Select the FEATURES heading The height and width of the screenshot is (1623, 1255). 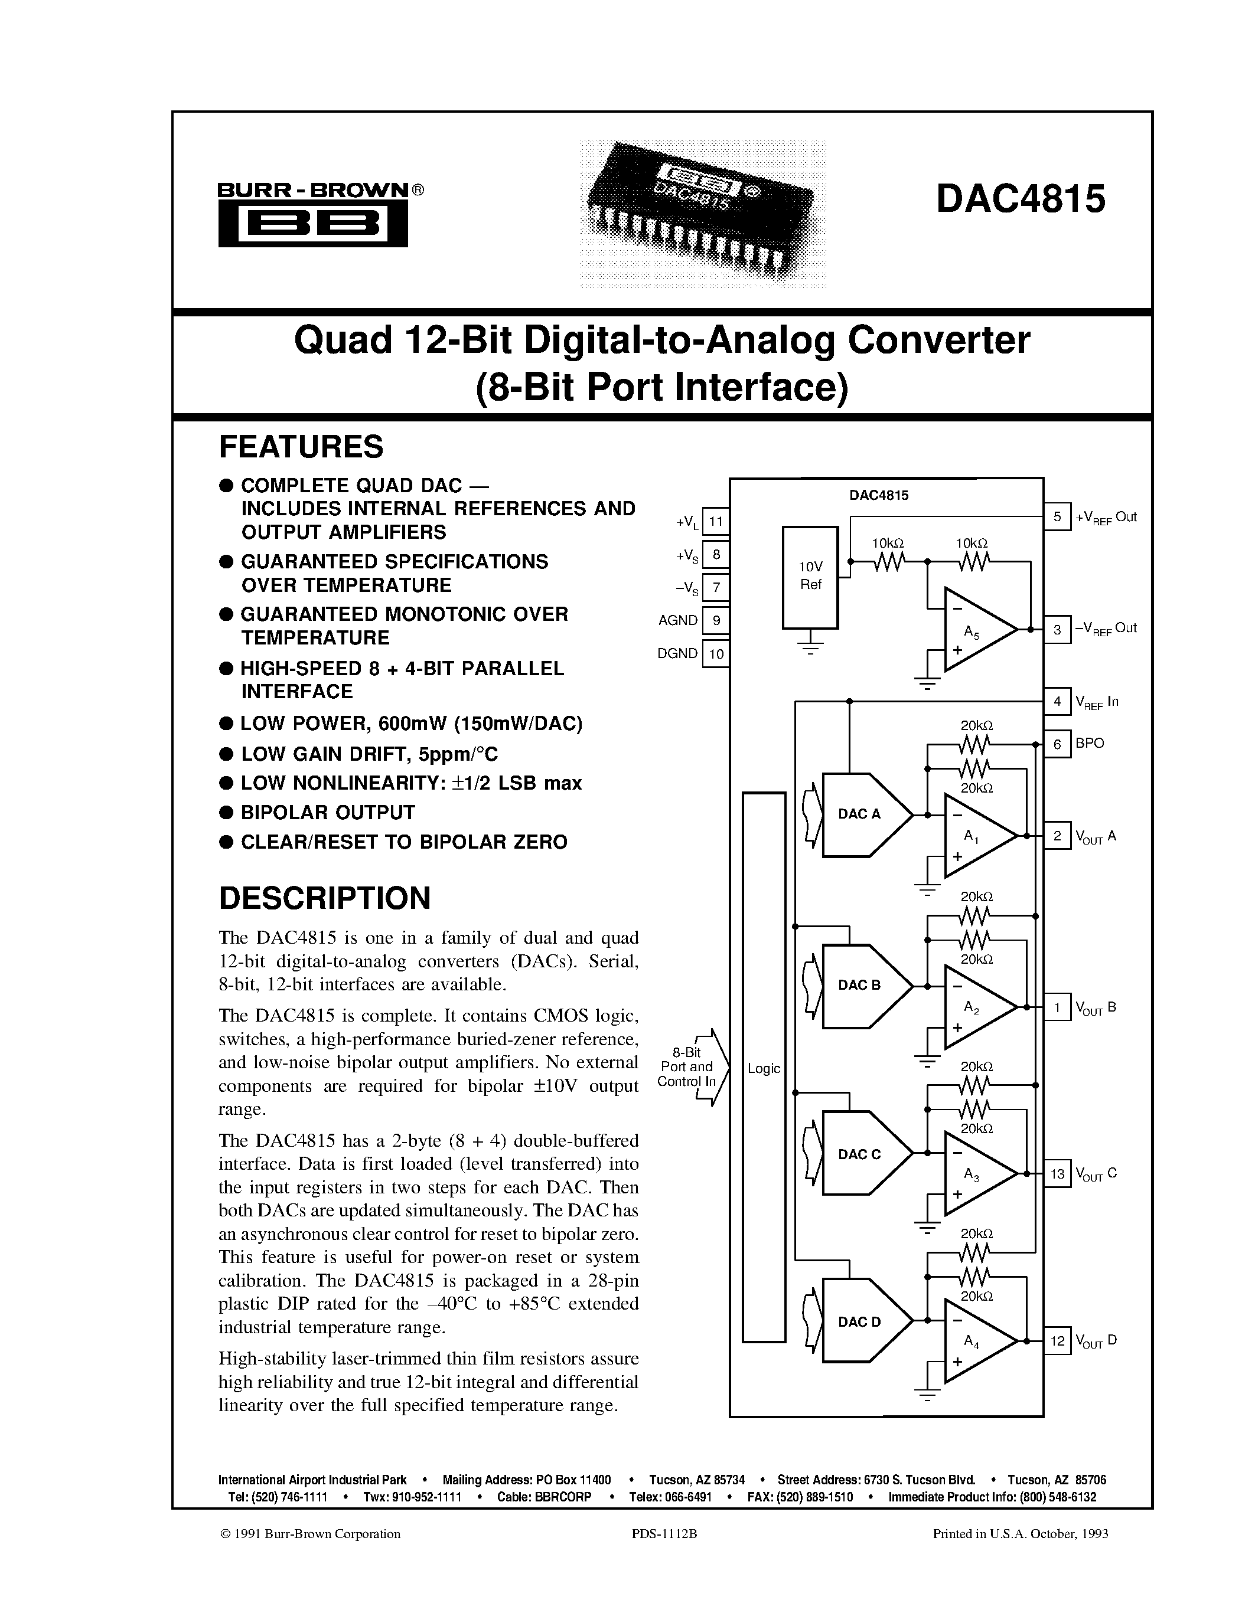(301, 447)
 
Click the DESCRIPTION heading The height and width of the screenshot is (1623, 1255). (324, 898)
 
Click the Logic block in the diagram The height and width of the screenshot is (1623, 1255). (764, 1068)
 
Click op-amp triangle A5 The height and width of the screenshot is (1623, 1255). (974, 630)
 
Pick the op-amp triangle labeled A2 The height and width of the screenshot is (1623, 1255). (974, 1007)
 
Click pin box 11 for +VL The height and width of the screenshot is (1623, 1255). (715, 522)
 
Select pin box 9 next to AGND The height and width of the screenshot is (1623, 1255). (715, 620)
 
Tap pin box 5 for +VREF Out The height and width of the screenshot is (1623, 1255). (1057, 516)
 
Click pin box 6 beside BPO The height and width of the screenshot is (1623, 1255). (1057, 743)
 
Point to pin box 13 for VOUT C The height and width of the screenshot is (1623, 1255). (1057, 1174)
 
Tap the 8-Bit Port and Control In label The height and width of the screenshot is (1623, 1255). (687, 1067)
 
